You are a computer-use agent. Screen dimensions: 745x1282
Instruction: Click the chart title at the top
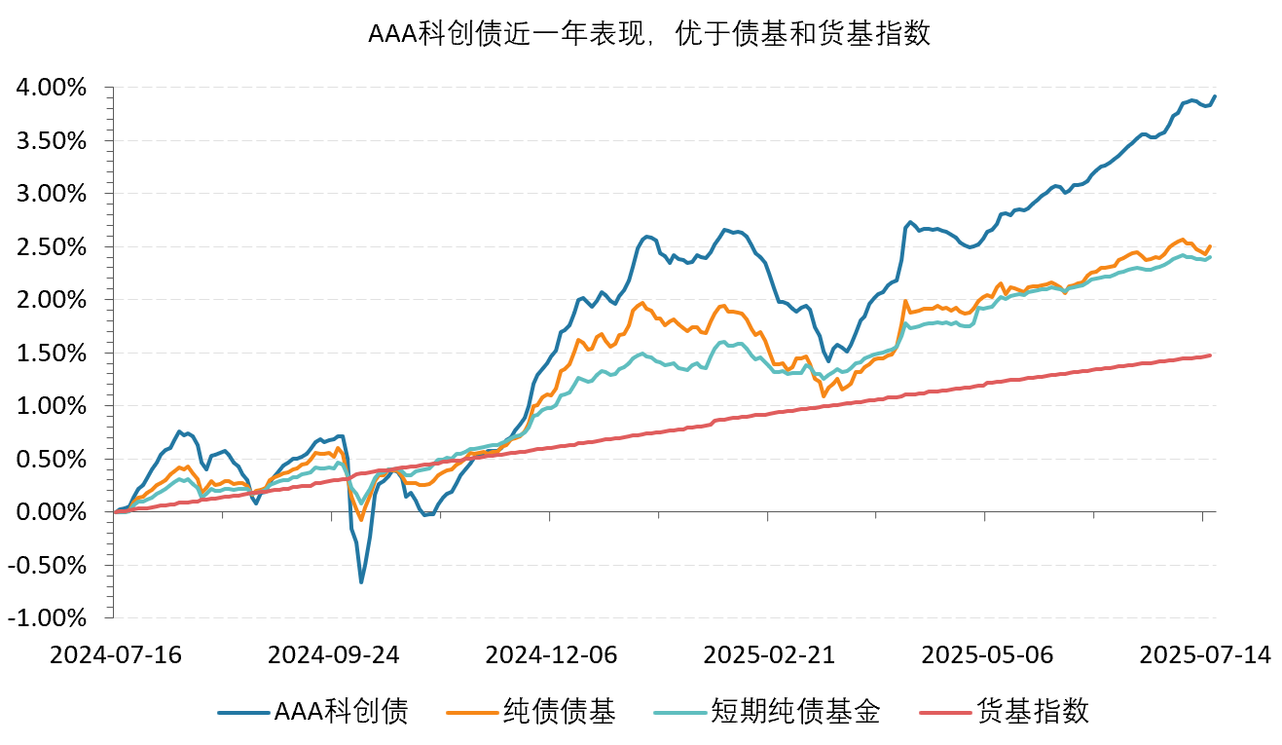[x=649, y=34]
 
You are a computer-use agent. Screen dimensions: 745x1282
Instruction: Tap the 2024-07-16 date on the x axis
[x=116, y=654]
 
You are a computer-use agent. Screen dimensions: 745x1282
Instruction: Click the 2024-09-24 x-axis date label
[x=333, y=654]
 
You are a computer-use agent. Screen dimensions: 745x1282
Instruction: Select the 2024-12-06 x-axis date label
[x=551, y=654]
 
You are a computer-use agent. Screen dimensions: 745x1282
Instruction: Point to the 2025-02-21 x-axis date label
[x=769, y=654]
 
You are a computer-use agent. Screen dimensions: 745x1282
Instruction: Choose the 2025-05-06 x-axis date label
[x=987, y=654]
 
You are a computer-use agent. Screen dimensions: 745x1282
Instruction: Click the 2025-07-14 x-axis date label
[x=1205, y=654]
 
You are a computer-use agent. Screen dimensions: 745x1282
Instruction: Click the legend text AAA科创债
[x=341, y=712]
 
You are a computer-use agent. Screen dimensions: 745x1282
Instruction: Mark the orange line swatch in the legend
[x=470, y=713]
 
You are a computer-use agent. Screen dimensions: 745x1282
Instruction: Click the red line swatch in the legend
[x=944, y=713]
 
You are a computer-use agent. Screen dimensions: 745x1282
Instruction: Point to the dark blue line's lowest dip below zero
[x=361, y=582]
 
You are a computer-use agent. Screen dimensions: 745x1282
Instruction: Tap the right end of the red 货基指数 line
[x=1210, y=355]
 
